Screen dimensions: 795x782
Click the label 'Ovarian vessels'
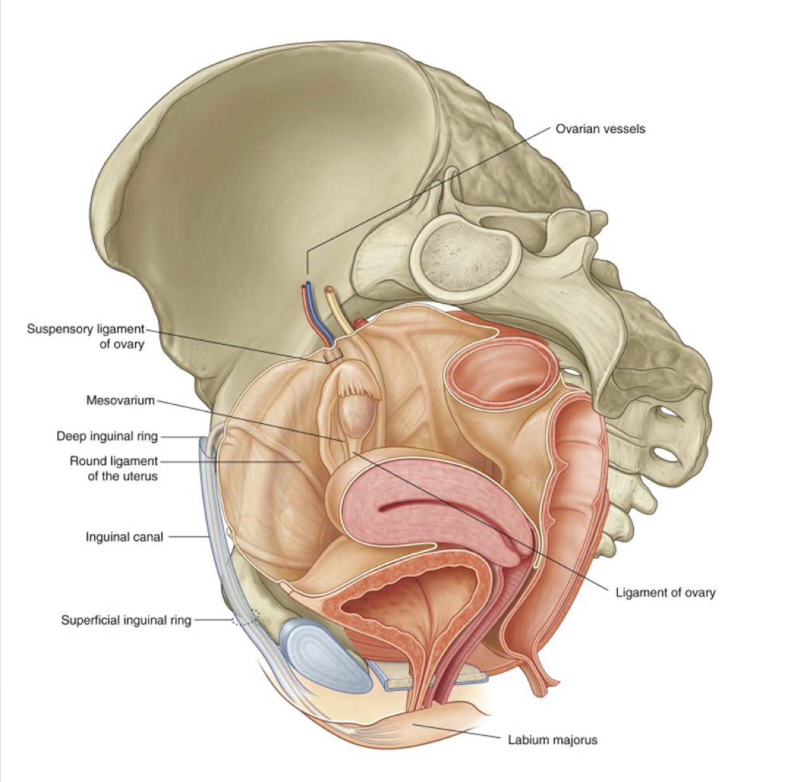pos(600,129)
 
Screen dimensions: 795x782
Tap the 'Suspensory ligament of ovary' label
pos(85,337)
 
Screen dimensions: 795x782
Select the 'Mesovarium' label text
pos(120,400)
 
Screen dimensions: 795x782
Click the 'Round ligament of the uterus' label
pos(114,468)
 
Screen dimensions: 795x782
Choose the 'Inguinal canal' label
pos(124,537)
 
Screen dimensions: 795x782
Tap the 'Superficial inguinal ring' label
pos(126,620)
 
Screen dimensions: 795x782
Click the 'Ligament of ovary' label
pos(665,593)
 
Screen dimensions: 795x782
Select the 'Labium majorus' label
pos(552,740)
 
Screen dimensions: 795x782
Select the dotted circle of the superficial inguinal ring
pos(245,617)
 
